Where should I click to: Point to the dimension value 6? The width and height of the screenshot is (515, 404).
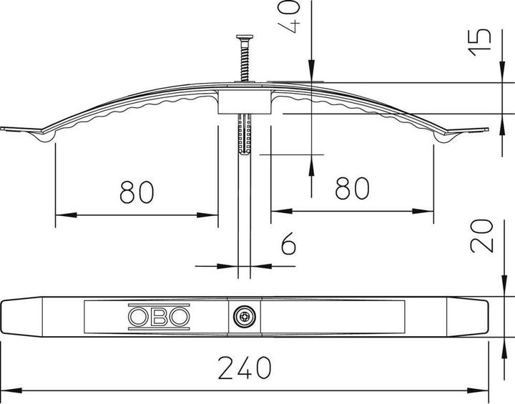pyautogui.click(x=288, y=245)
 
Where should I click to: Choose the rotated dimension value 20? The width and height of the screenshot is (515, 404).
pyautogui.click(x=482, y=236)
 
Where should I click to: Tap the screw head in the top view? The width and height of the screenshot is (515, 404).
pyautogui.click(x=245, y=316)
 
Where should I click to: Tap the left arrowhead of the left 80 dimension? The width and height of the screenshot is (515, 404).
pyautogui.click(x=61, y=214)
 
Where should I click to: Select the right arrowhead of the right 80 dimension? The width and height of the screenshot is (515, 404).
pyautogui.click(x=428, y=211)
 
